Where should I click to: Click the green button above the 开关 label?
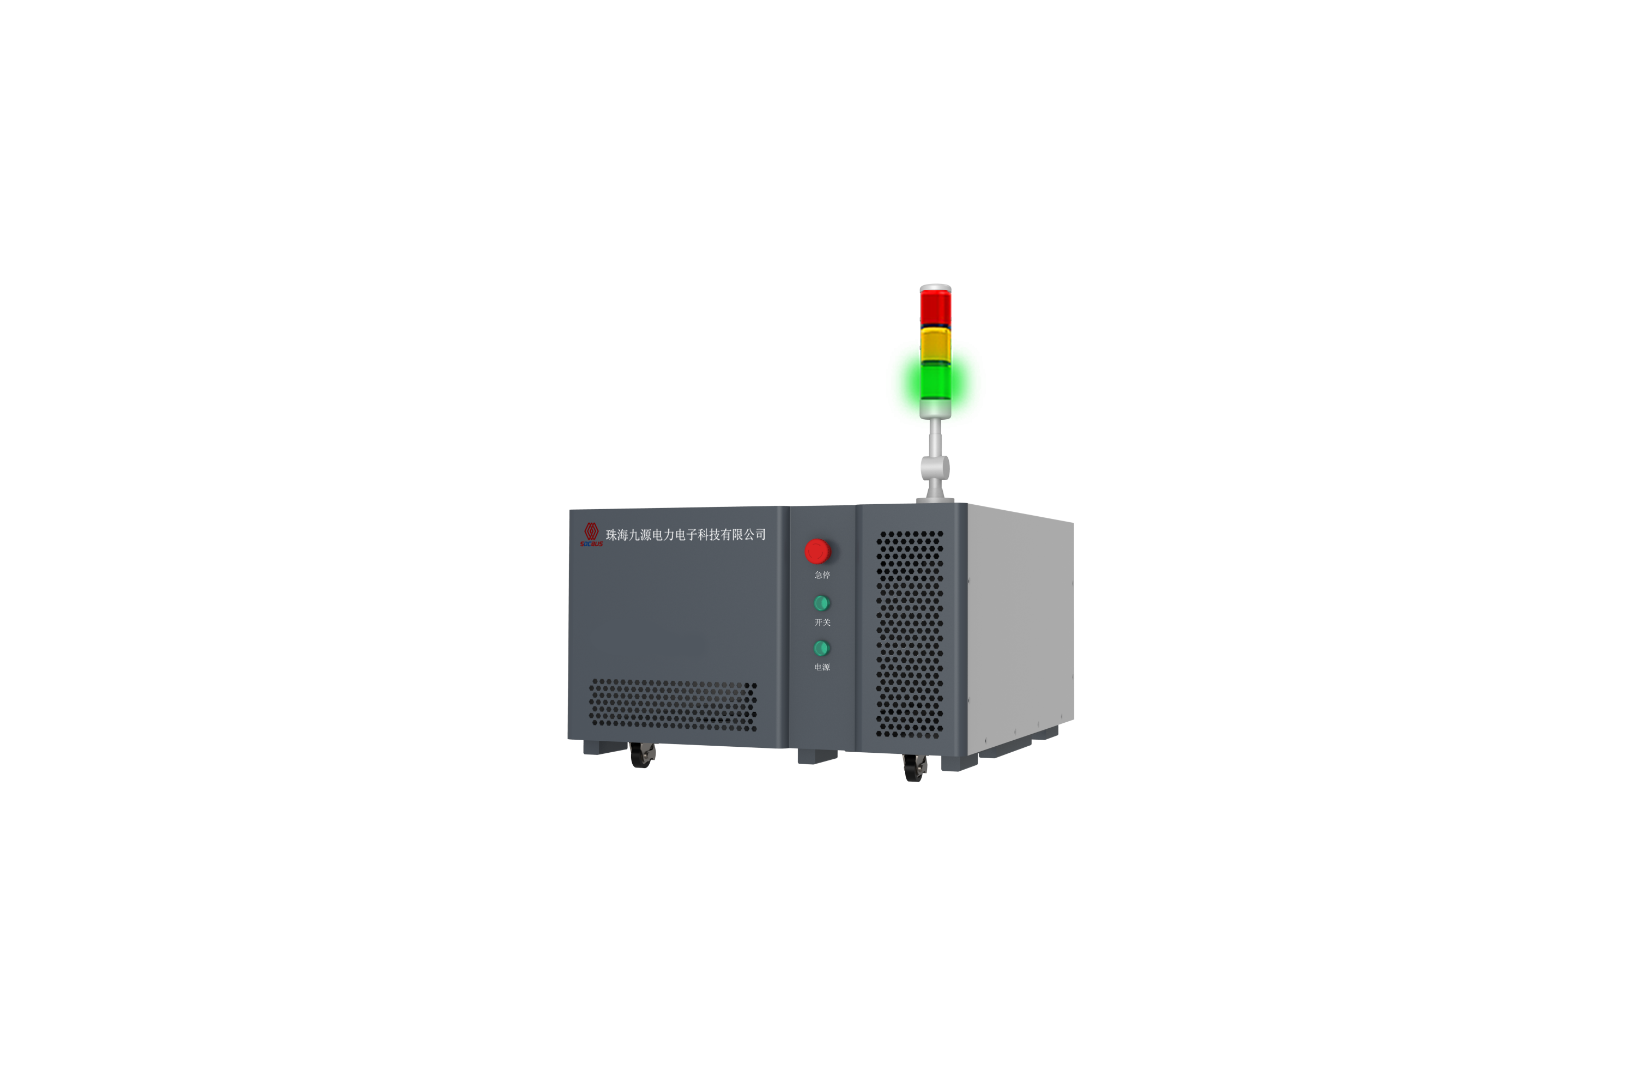point(821,603)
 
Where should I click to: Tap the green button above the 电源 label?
point(821,648)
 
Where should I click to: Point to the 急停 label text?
point(822,575)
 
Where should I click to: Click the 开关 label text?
point(822,622)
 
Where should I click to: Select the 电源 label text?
point(822,667)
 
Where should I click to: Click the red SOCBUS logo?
point(591,534)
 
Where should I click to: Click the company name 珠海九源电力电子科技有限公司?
point(686,534)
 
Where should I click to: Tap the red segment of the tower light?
point(935,307)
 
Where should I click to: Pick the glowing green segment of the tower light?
point(935,381)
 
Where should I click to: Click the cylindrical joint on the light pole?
point(935,468)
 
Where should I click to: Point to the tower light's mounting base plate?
point(935,500)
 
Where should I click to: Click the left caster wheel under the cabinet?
point(643,755)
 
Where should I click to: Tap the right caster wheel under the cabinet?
point(915,768)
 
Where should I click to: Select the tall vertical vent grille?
point(910,634)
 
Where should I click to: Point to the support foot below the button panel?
point(817,757)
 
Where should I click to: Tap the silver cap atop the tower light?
point(935,287)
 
